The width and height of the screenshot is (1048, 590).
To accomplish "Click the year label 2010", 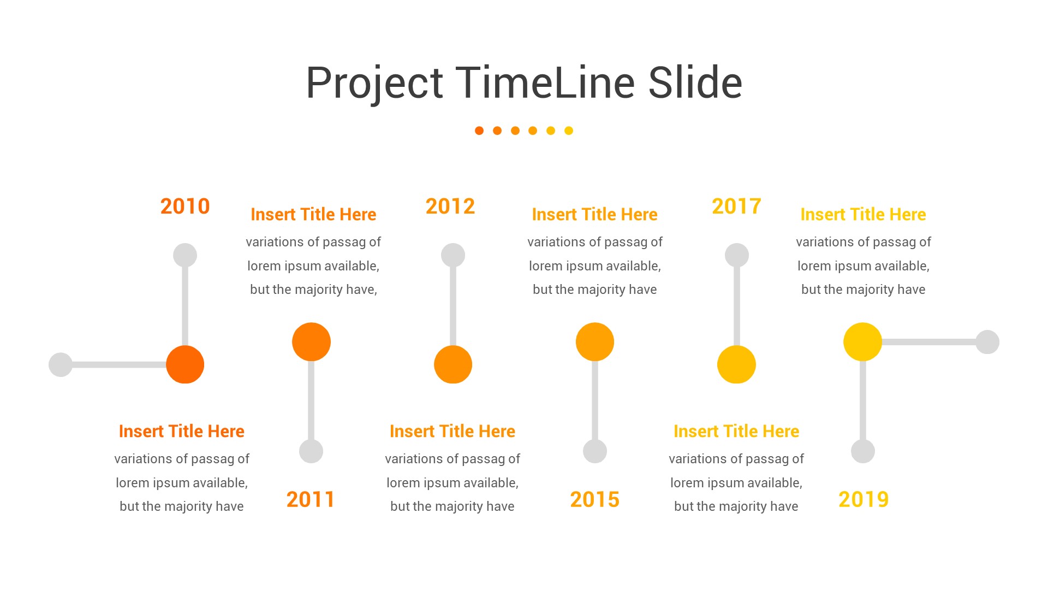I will point(185,206).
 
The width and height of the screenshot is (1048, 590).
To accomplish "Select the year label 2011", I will point(310,499).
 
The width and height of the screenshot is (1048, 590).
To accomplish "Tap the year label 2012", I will point(450,206).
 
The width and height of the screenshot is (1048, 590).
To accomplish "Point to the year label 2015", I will point(594,499).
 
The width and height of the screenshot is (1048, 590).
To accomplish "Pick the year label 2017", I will point(736,206).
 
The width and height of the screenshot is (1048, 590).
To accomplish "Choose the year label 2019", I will point(864,499).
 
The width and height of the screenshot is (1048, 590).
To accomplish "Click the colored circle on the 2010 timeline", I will point(185,364).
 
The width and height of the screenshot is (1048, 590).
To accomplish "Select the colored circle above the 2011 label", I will point(311,342).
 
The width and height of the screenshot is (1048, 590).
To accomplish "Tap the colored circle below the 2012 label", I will point(453,364).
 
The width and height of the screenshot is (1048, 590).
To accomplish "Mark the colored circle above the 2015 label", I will point(595,342).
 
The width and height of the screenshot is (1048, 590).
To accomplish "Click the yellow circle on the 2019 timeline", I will point(862,342).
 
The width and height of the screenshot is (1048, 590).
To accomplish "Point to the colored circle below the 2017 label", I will point(736,364).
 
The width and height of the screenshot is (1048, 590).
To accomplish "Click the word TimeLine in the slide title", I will point(545,83).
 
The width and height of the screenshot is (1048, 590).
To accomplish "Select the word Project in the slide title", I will point(374,83).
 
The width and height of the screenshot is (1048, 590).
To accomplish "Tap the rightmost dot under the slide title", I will point(569,131).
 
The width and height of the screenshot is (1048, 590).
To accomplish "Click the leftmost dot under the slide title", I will point(479,131).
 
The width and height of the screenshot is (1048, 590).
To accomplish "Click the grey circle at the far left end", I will point(61,364).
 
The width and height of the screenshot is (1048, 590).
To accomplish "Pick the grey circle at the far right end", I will point(987,342).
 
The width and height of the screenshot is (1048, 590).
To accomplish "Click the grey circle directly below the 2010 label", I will point(185,255).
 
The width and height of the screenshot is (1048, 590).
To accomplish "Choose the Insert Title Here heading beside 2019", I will point(863,214).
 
